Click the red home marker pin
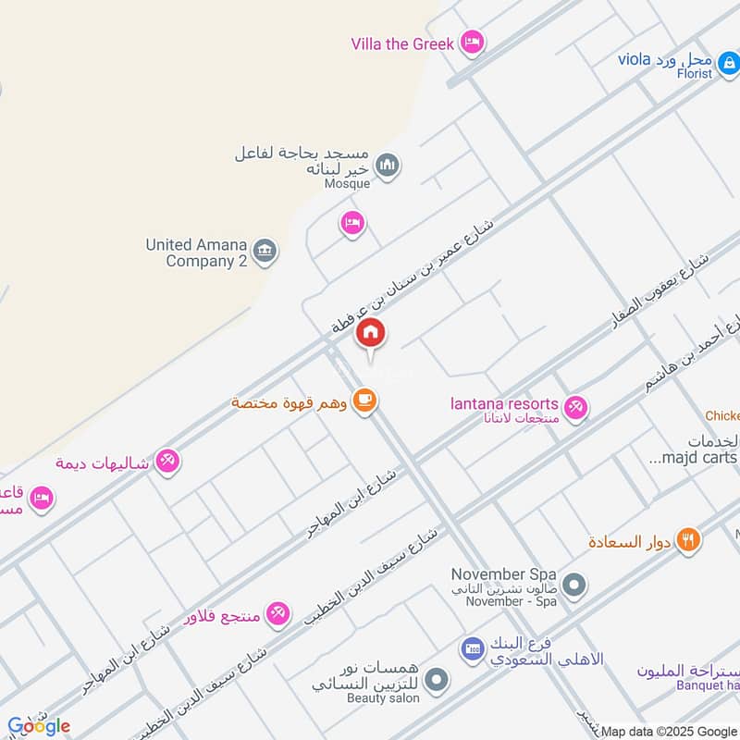tap(371, 332)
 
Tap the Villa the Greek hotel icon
tap(473, 42)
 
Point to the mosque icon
tap(388, 166)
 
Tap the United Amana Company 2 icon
tap(265, 252)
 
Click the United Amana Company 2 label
tap(196, 253)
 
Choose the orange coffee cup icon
tap(366, 401)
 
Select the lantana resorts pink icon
tap(575, 407)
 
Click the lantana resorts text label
tap(504, 404)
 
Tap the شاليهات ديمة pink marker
tap(167, 460)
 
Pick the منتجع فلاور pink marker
tap(277, 612)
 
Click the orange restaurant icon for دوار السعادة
tap(687, 540)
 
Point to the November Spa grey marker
tap(574, 586)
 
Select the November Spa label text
tap(503, 573)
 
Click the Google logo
tap(39, 726)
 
